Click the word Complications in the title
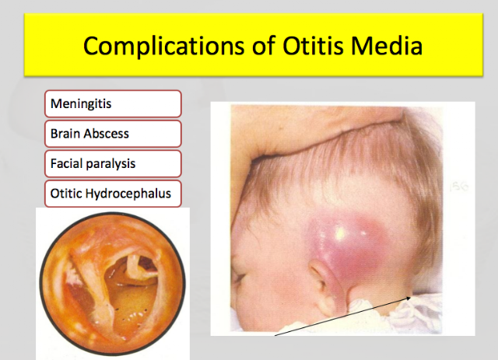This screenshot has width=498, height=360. pos(165,46)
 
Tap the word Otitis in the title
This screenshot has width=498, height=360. pos(313,45)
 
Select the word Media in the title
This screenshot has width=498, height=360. pos(387,45)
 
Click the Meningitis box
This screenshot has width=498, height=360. pos(113,104)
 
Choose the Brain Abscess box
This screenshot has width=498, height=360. pos(113,134)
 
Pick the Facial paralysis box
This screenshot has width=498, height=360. pos(113,163)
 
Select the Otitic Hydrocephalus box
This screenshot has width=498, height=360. pos(113,194)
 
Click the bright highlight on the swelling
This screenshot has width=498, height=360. pos(341,234)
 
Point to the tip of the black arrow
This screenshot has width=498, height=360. pos(410,297)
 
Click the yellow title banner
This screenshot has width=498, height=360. pos(254,45)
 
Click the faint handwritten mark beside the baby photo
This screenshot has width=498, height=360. pos(459,187)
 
